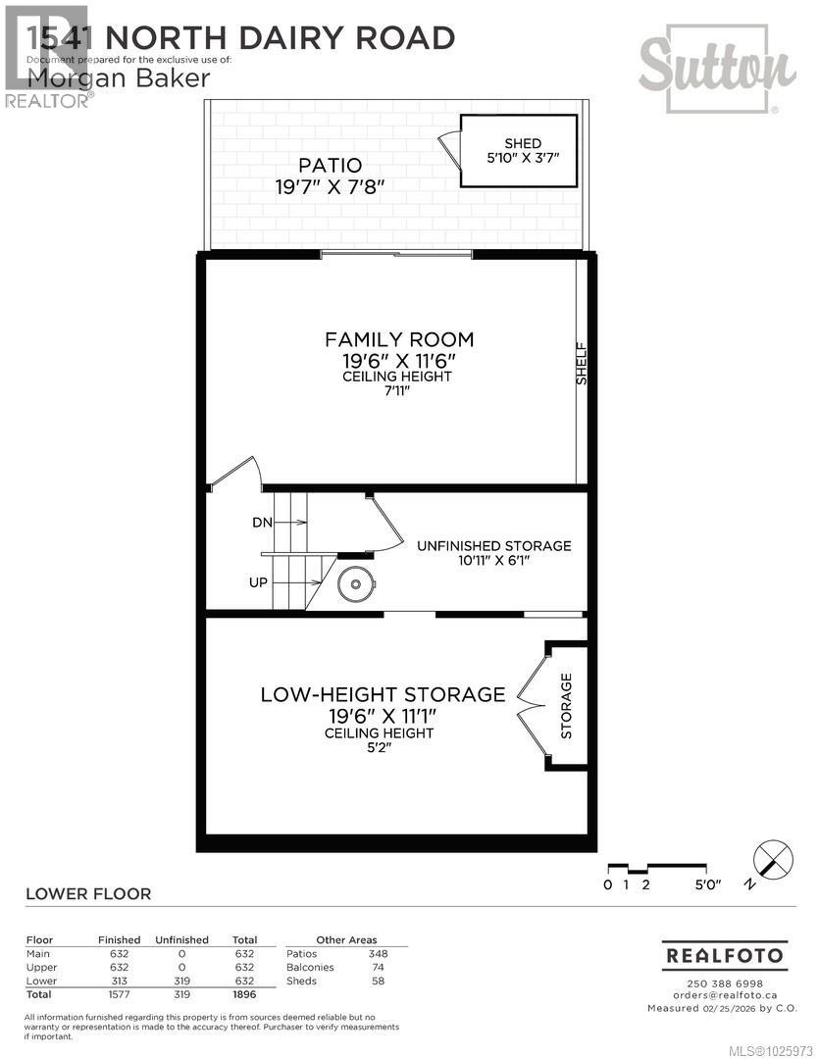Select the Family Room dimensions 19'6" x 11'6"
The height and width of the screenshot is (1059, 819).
399,360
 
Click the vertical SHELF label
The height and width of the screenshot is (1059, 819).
581,363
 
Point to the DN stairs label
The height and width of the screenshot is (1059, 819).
262,523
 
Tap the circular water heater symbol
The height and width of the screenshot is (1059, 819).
354,586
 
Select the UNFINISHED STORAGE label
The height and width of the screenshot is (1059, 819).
493,546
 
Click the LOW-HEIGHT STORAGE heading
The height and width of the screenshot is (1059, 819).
383,694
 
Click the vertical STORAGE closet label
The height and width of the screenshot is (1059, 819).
567,706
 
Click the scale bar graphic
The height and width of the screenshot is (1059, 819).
656,868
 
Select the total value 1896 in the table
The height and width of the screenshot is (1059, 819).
243,994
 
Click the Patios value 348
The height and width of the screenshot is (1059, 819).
378,953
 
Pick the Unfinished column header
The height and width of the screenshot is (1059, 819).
181,939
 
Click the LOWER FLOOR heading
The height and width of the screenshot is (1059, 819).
88,893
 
